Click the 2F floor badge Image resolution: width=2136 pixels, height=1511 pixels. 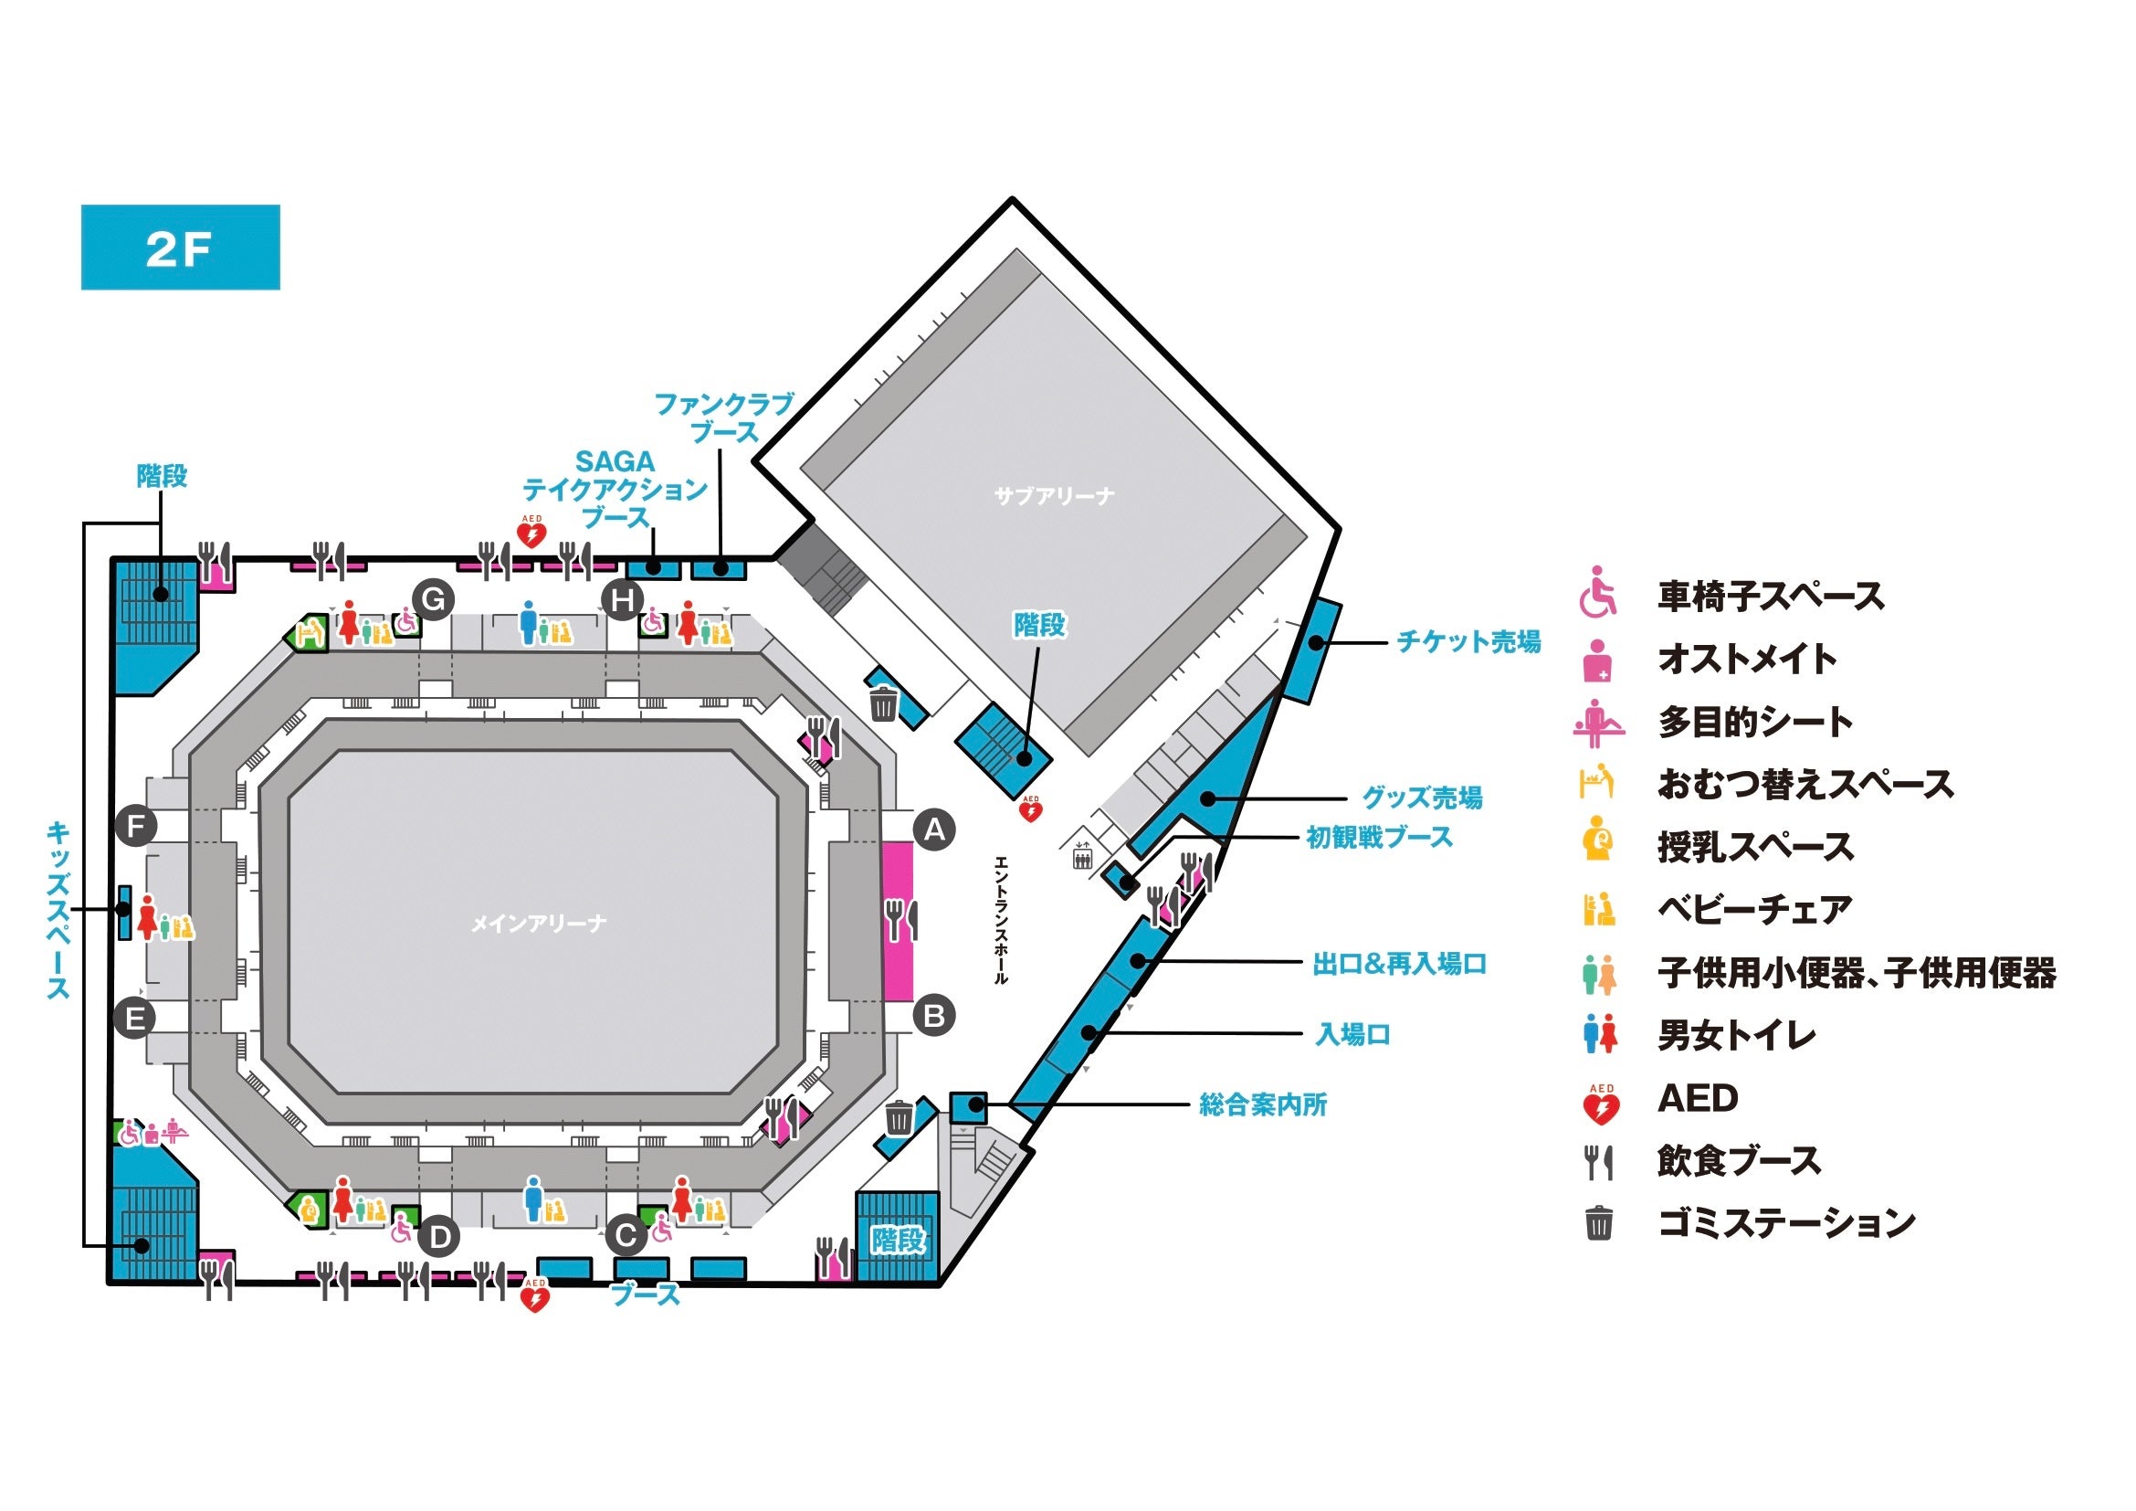point(181,248)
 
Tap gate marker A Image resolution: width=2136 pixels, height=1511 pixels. point(934,829)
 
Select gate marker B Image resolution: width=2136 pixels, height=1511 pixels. point(934,1015)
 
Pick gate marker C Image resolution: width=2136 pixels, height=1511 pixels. point(626,1236)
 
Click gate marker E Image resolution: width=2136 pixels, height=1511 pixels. point(135,1018)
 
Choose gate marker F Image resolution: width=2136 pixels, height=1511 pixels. point(136,825)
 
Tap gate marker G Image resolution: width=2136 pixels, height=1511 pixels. point(434,600)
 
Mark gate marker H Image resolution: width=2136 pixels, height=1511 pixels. point(623,600)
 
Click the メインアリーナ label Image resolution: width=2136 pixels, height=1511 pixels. point(539,923)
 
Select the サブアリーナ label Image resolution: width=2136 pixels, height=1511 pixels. point(1054,496)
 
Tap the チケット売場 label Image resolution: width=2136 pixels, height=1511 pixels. point(1469,641)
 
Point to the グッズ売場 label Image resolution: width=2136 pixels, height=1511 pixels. point(1423,798)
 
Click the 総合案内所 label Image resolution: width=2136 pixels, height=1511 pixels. point(1262,1104)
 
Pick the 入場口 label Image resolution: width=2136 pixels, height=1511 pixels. point(1352,1034)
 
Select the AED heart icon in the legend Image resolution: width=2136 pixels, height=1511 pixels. point(1601,1104)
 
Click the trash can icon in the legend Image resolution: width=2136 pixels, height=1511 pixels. point(1598,1222)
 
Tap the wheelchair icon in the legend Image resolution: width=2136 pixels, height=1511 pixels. point(1598,593)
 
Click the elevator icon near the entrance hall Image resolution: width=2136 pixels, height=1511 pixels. point(1082,853)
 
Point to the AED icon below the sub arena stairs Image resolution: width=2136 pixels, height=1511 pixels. point(1031,808)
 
